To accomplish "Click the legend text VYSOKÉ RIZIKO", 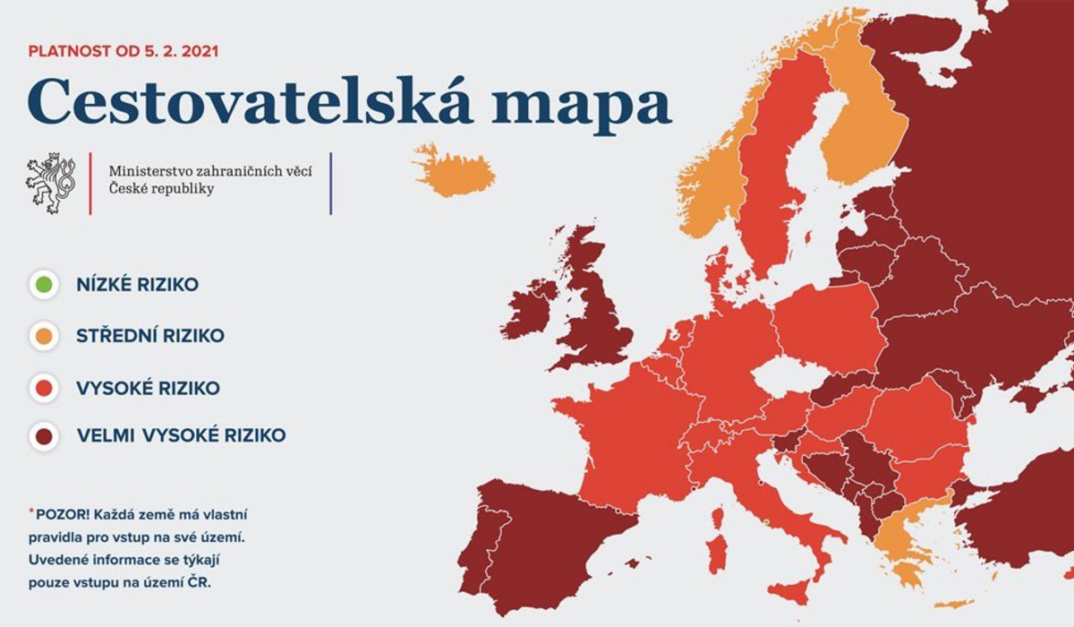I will (x=148, y=388).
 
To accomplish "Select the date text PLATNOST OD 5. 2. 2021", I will (x=124, y=50).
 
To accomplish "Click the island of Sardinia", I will (x=716, y=550).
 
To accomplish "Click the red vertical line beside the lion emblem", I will (x=90, y=183).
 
